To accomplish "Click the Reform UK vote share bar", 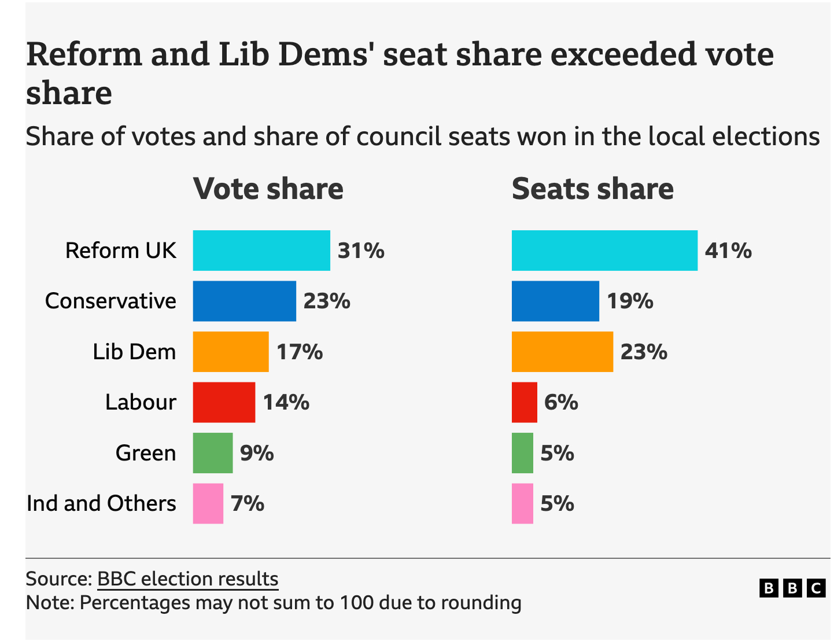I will pos(261,250).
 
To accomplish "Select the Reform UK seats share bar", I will pos(604,250).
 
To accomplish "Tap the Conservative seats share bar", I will pos(555,301).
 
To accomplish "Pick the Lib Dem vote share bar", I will pos(231,352).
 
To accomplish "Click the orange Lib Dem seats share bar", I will pos(562,352).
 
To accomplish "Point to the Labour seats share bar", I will pos(525,402).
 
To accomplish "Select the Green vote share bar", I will pos(213,453).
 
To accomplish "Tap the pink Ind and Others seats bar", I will pos(522,503).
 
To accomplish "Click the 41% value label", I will pos(728,250).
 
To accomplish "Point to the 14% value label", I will pos(286,402).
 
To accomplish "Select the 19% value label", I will pos(630,301).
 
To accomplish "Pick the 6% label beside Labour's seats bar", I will pos(561,402).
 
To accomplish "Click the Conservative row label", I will pos(110,301).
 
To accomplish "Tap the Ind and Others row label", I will pos(101,503).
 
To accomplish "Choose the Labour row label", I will pos(141,402).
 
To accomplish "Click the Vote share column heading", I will pos(268,189).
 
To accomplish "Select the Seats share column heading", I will pos(593,189).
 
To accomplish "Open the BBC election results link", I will pos(188,579).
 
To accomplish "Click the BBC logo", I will pos(792,588).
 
